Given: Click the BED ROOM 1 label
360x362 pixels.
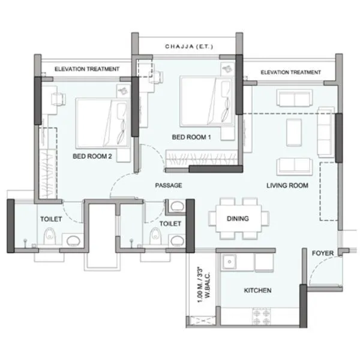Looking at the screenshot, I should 192,137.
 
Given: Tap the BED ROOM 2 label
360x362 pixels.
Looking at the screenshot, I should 92,156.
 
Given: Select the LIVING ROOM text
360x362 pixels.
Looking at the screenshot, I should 287,186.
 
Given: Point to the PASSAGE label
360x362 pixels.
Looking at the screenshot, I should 168,186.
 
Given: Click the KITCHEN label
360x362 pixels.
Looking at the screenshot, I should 257,291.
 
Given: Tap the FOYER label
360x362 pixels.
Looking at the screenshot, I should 322,254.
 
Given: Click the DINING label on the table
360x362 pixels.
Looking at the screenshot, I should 238,219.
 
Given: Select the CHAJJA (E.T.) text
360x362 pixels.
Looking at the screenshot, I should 188,46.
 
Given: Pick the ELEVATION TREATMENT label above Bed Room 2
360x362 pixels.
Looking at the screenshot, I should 87,70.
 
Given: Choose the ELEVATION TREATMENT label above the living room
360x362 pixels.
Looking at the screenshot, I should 290,73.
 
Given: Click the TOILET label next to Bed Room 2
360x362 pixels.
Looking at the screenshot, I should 51,219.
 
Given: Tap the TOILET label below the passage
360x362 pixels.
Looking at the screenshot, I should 170,223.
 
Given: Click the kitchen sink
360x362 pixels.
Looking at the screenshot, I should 228,262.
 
